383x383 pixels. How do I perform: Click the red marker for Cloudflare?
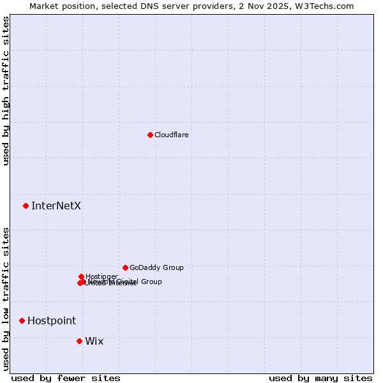150,135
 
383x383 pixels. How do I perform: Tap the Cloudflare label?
171,135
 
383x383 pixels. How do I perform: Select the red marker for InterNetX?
26,206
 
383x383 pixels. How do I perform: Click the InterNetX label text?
56,206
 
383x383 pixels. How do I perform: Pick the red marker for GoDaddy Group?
125,267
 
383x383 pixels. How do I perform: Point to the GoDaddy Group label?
156,267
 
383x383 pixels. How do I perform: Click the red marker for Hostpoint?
22,320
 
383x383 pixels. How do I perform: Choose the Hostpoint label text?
52,320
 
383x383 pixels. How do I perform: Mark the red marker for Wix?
79,341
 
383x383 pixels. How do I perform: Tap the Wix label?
94,341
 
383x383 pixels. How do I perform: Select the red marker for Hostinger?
82,276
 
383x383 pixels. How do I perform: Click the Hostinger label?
101,276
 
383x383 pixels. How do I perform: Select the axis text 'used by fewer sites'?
66,378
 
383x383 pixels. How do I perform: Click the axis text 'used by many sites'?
320,378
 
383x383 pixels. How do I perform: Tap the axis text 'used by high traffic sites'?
6,91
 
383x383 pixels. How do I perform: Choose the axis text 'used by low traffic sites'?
6,298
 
